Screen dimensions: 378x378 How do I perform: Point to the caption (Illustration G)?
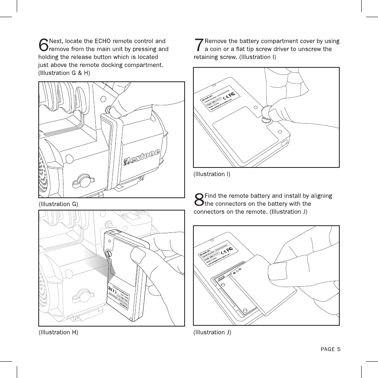(58, 204)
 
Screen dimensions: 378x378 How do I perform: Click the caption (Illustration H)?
(58, 332)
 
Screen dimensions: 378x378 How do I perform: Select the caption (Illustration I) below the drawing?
(212, 174)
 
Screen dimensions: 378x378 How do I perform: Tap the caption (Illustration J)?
(212, 332)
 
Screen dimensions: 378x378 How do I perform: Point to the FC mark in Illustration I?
(232, 93)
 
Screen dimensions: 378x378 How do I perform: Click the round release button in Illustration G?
(108, 108)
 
